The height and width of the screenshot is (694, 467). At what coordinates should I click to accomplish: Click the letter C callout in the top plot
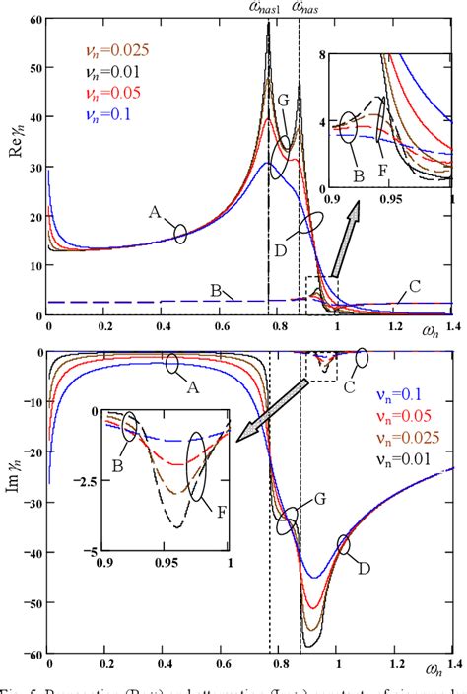tap(415, 286)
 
